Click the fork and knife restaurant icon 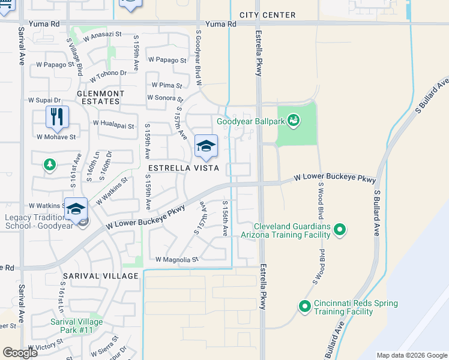point(57,116)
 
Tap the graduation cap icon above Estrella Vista point(206,146)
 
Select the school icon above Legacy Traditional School point(76,209)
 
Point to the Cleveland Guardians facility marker point(340,229)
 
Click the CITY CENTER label point(267,15)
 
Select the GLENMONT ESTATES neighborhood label point(100,98)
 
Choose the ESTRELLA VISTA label point(174,169)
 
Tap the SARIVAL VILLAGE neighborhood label point(101,275)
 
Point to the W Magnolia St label point(176,260)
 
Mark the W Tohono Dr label point(108,76)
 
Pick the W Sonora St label point(165,98)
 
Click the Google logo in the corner point(19,352)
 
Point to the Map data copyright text point(411,355)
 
